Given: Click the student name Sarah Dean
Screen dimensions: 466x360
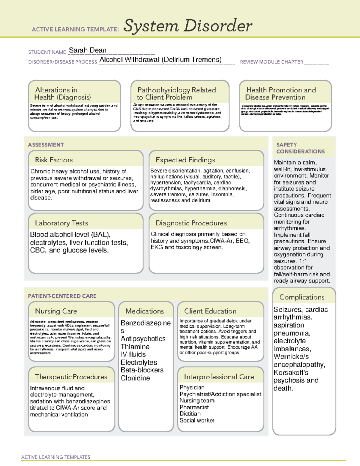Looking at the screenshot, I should pos(87,50).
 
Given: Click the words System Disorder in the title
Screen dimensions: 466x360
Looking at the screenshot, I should pos(188,26).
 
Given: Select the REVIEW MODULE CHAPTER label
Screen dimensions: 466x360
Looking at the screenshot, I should pos(271,62).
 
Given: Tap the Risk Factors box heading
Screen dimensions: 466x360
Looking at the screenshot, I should pos(54,160).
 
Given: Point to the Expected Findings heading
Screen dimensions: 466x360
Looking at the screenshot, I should pos(185,160).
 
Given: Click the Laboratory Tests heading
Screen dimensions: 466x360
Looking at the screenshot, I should pos(61,223).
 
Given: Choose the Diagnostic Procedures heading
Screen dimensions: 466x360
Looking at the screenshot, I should pos(191,223).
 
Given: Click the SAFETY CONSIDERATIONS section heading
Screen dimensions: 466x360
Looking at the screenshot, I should pos(300,148).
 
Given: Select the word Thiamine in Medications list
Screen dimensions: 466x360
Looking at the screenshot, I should pos(135,347).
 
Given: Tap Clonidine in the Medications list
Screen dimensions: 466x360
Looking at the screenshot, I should pos(135,378).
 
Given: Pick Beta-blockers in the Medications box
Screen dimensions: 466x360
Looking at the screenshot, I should pos(142,370).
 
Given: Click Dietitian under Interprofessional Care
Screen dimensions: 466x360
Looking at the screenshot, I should pos(190,414).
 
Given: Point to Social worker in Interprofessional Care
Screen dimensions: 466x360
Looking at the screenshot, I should pos(197,420).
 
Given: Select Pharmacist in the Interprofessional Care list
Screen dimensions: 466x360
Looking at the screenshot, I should pos(194,407).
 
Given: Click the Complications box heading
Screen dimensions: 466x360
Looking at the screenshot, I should pos(302,297).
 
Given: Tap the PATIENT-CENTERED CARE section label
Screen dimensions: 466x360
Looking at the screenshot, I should pos(62,296).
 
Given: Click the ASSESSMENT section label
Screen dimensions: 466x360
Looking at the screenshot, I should pos(46,145).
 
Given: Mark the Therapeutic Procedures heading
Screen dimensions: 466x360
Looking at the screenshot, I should pos(71,377).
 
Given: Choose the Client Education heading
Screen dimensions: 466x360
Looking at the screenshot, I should pos(210,311).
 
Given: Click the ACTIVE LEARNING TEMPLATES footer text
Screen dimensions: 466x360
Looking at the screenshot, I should pos(55,457).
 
